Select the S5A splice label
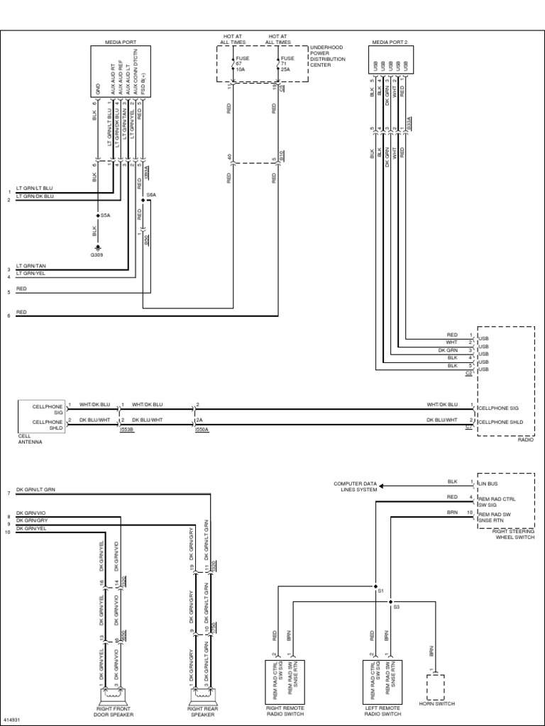pyautogui.click(x=106, y=214)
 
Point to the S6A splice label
pyautogui.click(x=150, y=194)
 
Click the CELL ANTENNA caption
pyautogui.click(x=31, y=439)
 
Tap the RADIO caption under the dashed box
pyautogui.click(x=524, y=439)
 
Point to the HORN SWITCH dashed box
pyautogui.click(x=435, y=687)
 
